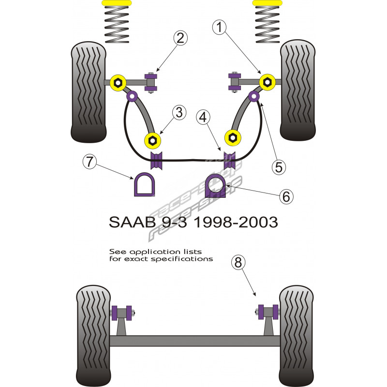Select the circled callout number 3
tap(179, 113)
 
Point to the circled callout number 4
tap(204, 117)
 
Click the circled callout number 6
tap(286, 196)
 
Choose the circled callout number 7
tap(89, 162)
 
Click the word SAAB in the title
tap(126, 223)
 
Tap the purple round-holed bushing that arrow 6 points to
tap(216, 185)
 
